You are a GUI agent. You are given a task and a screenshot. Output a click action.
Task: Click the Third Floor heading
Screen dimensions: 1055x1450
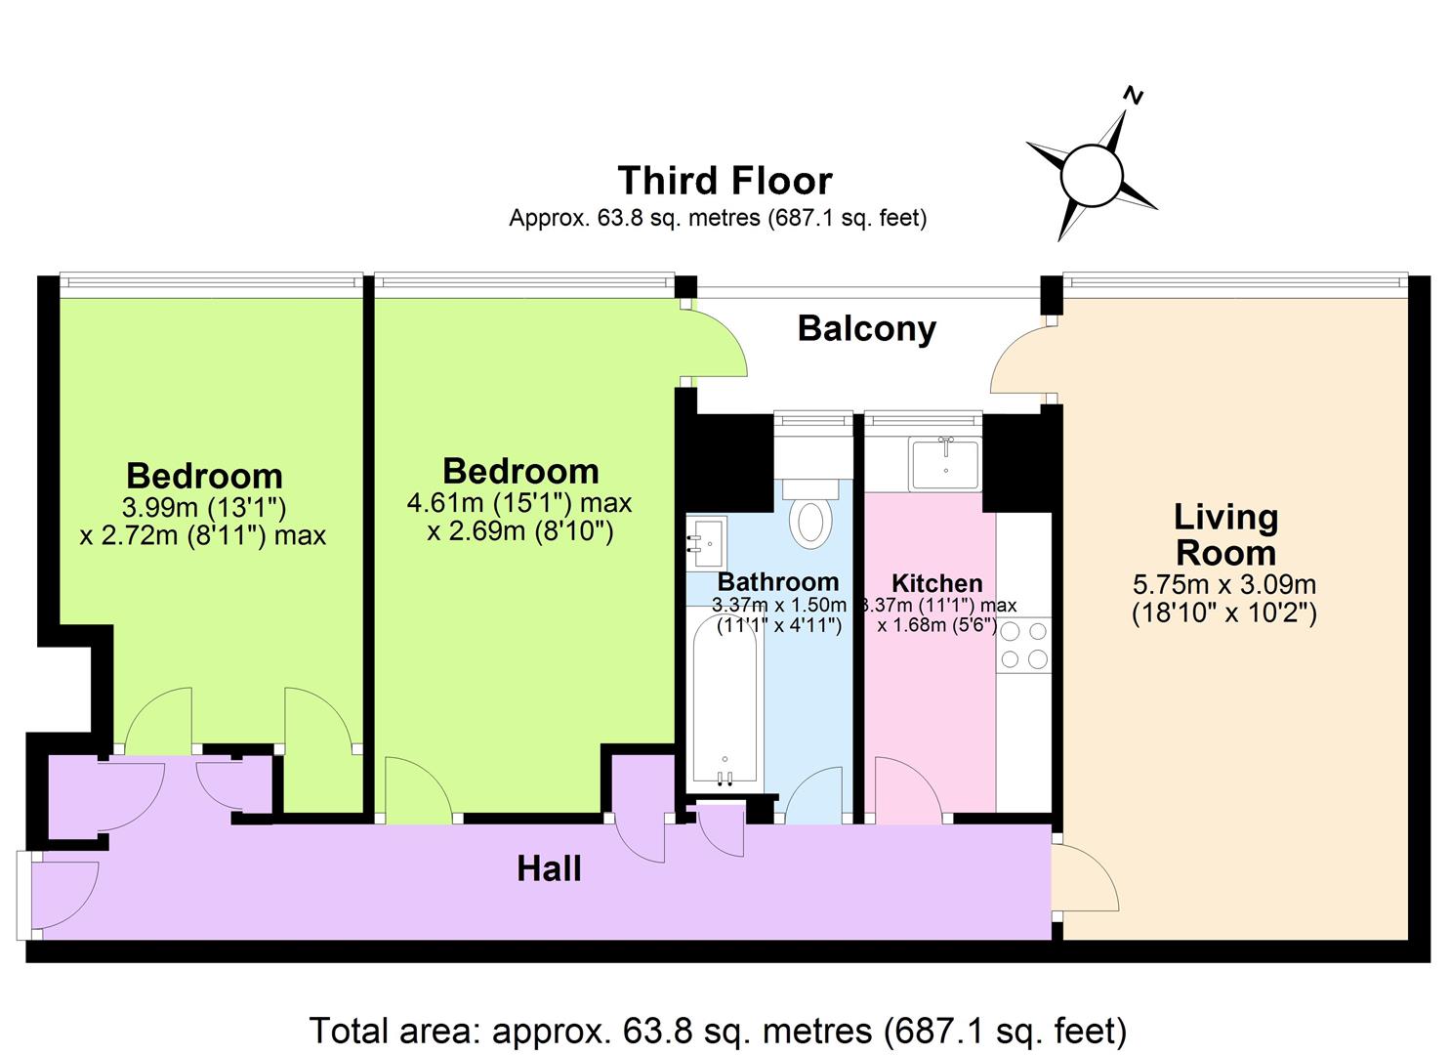tap(725, 181)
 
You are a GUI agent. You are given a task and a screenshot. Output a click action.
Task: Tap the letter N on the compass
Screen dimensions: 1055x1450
tap(1134, 95)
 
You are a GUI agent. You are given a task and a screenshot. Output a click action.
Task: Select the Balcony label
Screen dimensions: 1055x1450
tap(866, 328)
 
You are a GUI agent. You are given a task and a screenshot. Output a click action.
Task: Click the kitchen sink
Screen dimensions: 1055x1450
tap(944, 464)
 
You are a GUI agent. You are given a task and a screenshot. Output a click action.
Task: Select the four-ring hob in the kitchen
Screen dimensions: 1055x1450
tap(1023, 646)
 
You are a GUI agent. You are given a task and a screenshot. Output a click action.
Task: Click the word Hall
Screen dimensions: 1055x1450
tap(549, 868)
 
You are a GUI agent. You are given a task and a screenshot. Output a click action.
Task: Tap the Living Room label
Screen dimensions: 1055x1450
tap(1225, 534)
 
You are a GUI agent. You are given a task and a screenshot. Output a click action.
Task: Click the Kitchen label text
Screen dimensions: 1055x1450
tap(936, 584)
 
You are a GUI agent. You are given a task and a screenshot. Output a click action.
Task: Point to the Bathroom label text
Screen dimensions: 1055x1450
tap(777, 582)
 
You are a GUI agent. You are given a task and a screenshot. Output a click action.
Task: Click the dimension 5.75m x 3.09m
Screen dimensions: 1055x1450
tap(1224, 585)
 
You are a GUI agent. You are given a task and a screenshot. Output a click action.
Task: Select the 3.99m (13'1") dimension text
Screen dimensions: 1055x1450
tap(203, 507)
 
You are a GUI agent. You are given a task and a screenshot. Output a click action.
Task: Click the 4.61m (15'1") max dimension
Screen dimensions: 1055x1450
tap(519, 503)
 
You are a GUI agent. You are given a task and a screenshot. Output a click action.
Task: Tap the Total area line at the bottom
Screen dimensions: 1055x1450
tap(718, 1031)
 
